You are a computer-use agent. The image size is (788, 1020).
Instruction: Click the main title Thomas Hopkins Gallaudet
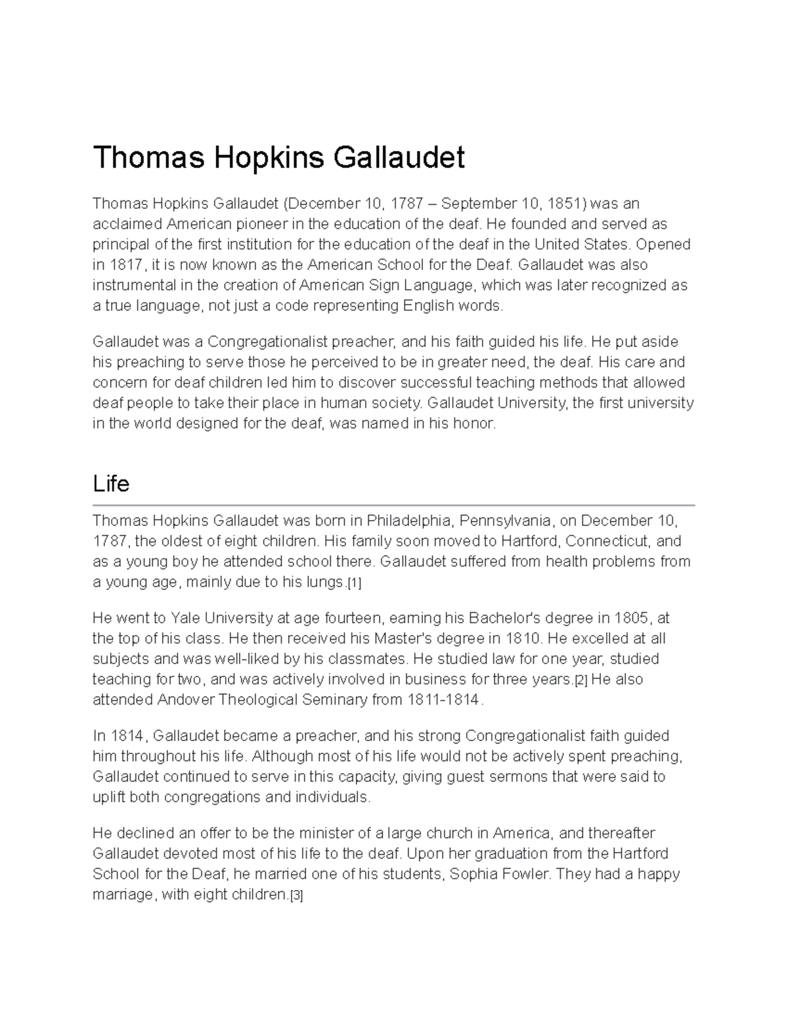pyautogui.click(x=278, y=158)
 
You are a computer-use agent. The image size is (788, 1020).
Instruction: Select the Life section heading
pyautogui.click(x=111, y=484)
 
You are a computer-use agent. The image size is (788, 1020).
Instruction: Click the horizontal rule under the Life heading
pyautogui.click(x=393, y=505)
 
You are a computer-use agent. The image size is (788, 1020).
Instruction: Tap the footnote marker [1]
pyautogui.click(x=354, y=583)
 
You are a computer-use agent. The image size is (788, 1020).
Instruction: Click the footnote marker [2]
pyautogui.click(x=580, y=680)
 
